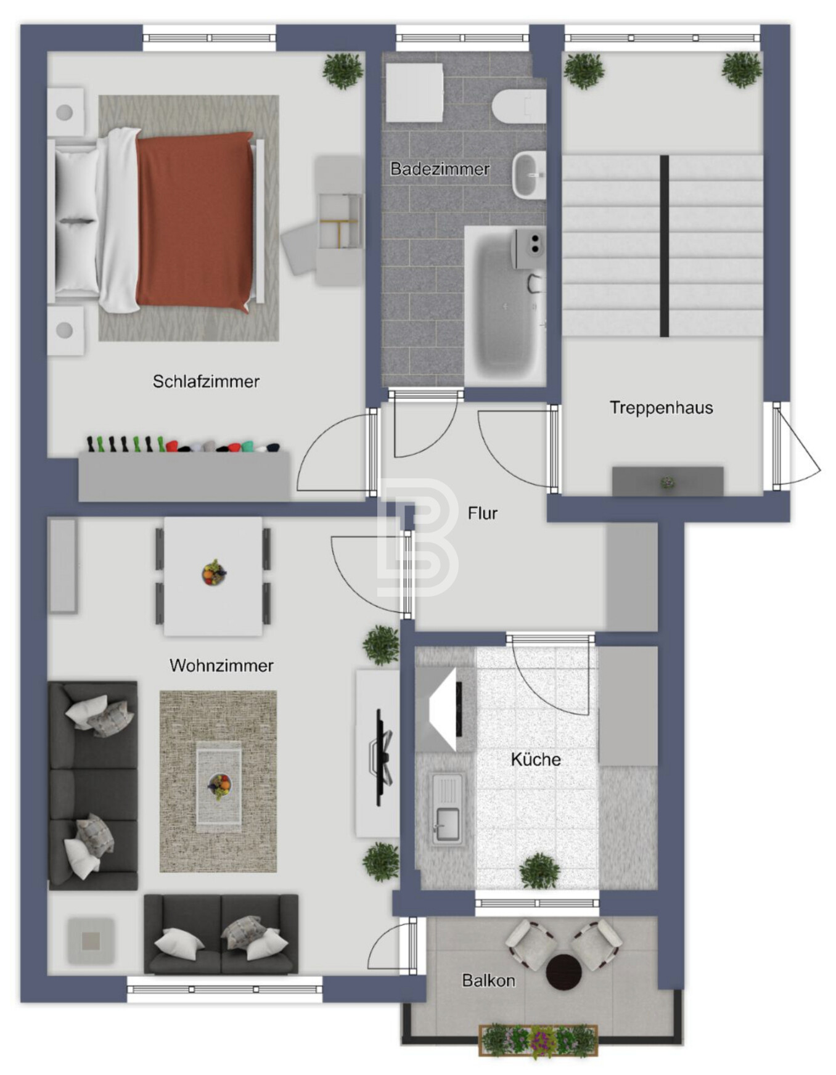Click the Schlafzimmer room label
point(206,382)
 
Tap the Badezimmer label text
point(440,169)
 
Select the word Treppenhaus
point(661,408)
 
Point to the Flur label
point(482,513)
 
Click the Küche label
point(536,759)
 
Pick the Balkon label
point(488,980)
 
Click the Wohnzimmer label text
point(221,666)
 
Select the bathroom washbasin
point(529,175)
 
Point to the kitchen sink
point(447,809)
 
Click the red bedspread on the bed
point(195,221)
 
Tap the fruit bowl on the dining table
point(213,573)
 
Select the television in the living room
point(382,758)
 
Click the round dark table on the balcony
point(563,972)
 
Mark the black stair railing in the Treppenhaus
point(664,246)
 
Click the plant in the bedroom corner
point(343,70)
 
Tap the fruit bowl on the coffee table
point(219,786)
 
